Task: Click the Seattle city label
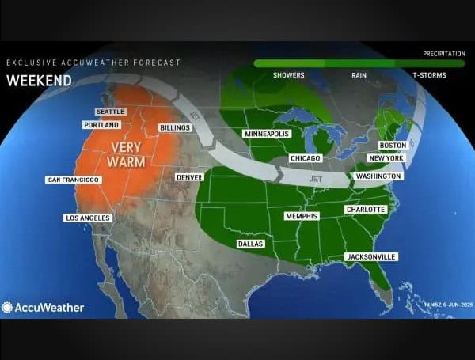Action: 110,112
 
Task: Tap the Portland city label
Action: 101,125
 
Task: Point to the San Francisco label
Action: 74,180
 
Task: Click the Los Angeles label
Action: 88,218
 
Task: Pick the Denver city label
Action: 189,177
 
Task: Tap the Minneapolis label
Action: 267,134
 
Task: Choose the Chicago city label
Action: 305,159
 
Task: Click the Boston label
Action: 393,146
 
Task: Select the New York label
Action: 386,158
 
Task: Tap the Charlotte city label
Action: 365,210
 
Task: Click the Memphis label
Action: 301,216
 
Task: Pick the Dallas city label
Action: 250,244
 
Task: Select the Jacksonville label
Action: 371,257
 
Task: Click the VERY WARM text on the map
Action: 131,154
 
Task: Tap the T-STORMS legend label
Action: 429,75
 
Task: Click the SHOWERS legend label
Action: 288,75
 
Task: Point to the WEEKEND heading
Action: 39,80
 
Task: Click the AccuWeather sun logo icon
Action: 8,307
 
